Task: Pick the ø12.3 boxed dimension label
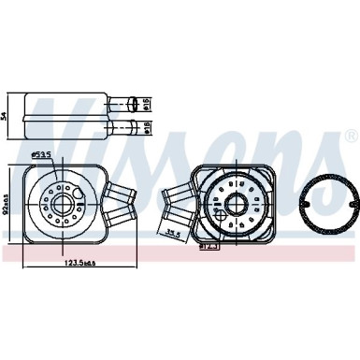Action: pyautogui.click(x=209, y=247)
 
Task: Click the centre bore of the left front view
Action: pyautogui.click(x=63, y=203)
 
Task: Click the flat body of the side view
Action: pyautogui.click(x=61, y=113)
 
